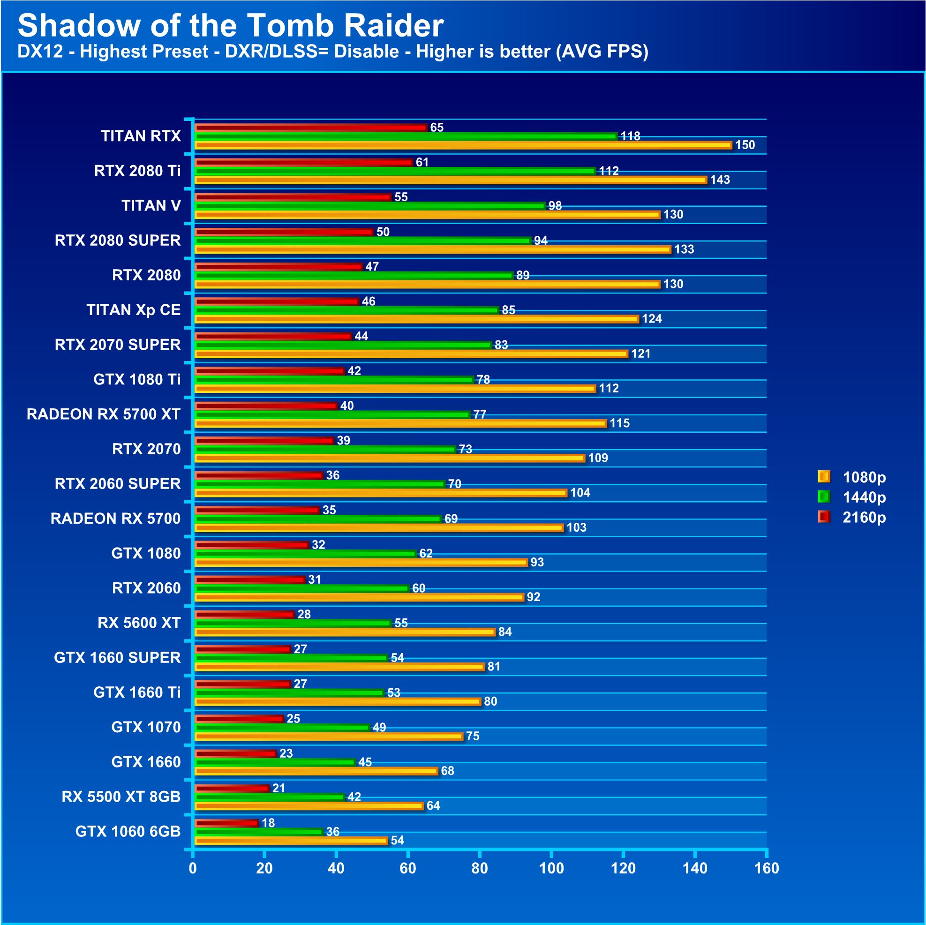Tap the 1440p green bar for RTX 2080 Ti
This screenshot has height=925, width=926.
point(395,171)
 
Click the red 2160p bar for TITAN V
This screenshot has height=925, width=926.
point(294,197)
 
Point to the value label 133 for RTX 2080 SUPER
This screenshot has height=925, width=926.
point(684,249)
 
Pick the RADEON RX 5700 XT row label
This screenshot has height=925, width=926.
point(104,414)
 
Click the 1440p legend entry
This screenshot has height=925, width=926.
point(853,497)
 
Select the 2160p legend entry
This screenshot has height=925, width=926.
point(853,518)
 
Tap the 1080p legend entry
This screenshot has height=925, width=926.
point(853,477)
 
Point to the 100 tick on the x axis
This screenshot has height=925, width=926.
point(551,868)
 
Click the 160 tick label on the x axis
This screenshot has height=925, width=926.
point(767,868)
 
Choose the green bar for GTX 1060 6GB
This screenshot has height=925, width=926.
point(259,832)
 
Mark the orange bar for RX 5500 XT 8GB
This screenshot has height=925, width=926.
point(309,806)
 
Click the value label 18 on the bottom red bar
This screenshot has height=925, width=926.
point(268,823)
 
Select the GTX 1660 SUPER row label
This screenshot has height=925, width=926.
point(117,658)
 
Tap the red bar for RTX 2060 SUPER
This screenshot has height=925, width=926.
point(259,475)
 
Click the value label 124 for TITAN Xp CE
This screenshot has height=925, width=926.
point(652,319)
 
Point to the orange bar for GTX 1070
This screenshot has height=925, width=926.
point(329,737)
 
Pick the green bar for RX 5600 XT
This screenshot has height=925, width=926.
point(293,624)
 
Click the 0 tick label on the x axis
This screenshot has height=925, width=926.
point(193,868)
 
